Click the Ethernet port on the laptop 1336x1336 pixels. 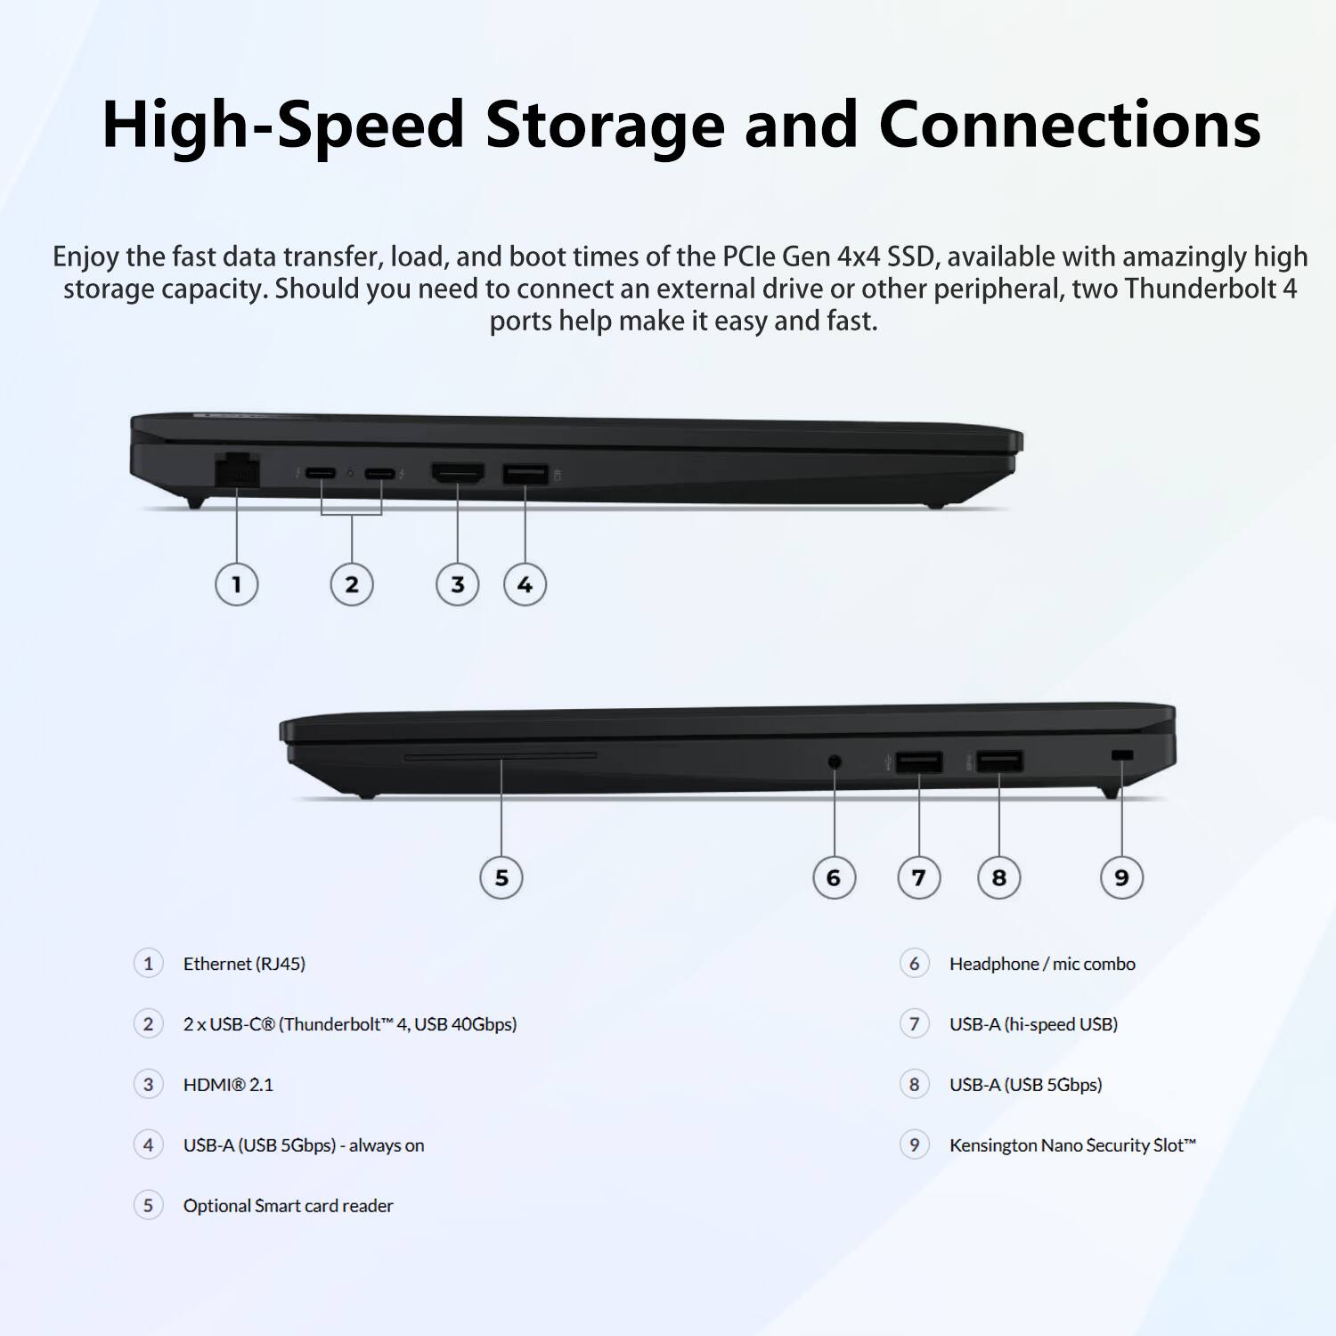[x=237, y=469]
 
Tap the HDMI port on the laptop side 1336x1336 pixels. [x=458, y=473]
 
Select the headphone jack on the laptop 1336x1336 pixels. [x=835, y=762]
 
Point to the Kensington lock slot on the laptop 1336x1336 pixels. [x=1122, y=755]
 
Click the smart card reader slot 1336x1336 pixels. [x=501, y=756]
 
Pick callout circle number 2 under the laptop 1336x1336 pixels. [x=352, y=584]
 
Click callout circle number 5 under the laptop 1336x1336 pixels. [x=501, y=877]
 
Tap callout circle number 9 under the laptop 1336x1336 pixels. [x=1121, y=877]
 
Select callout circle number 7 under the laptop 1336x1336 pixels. [x=918, y=877]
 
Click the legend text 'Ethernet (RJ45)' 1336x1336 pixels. [x=244, y=964]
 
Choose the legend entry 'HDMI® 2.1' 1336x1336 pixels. [x=228, y=1085]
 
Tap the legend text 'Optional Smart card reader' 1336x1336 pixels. [x=288, y=1206]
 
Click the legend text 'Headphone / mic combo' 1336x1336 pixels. [x=1042, y=964]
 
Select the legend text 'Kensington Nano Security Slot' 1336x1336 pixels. [x=1072, y=1145]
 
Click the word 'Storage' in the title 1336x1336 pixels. [x=605, y=125]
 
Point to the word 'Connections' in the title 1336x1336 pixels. [x=1069, y=125]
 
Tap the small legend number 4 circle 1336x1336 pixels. [x=148, y=1145]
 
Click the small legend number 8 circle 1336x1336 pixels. [x=914, y=1085]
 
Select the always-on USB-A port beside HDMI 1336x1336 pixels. [x=525, y=474]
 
